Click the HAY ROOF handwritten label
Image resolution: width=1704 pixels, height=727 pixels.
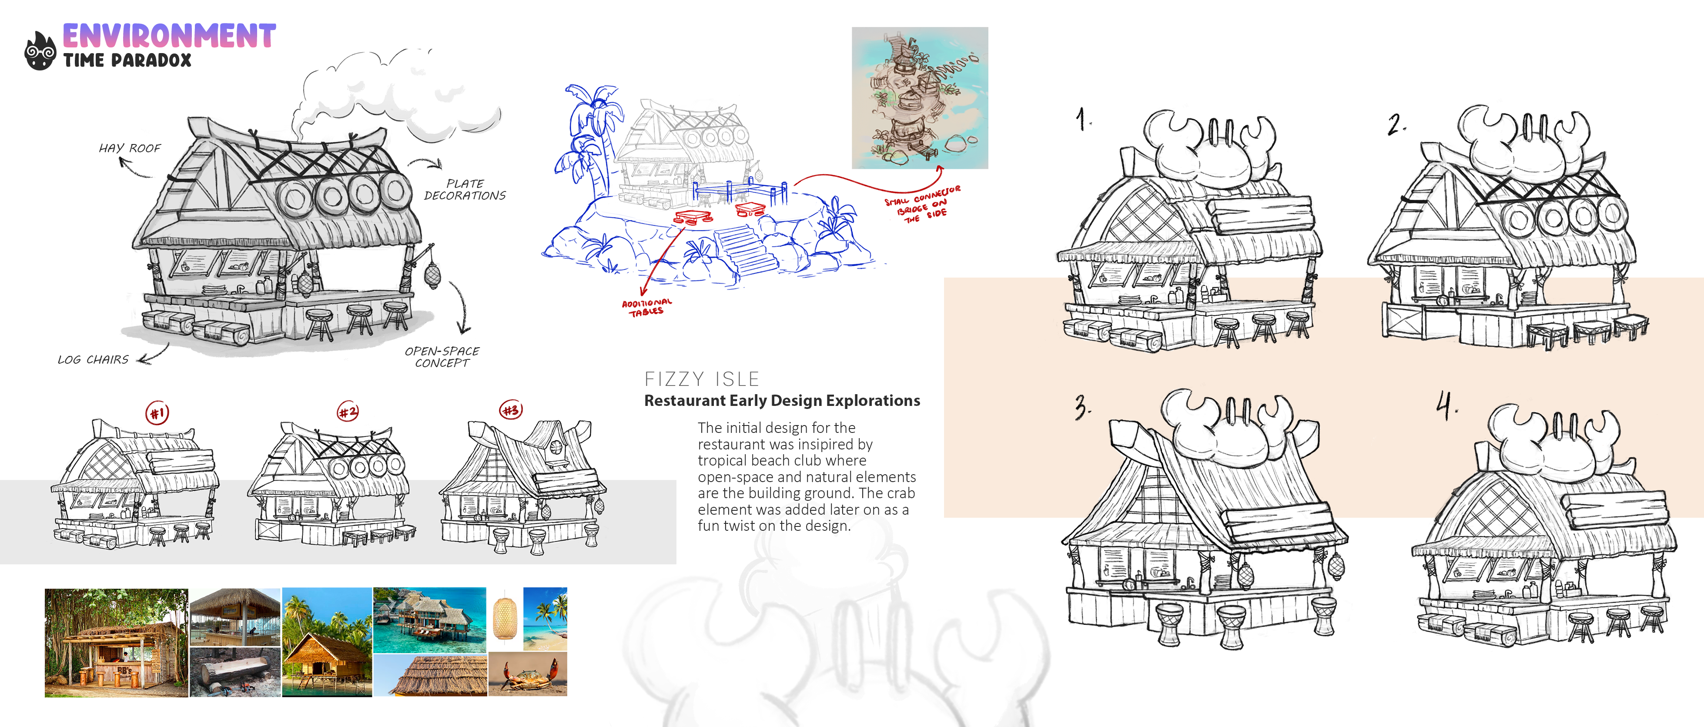coord(130,148)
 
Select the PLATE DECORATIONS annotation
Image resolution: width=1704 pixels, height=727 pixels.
coord(465,189)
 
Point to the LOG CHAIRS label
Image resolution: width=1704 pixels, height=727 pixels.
coord(93,360)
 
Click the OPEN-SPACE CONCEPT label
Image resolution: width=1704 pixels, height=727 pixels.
coord(442,357)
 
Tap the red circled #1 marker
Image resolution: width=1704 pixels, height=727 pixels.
coord(157,413)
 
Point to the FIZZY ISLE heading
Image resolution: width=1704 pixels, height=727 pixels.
coord(702,379)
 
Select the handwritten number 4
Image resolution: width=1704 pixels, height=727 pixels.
coord(1446,405)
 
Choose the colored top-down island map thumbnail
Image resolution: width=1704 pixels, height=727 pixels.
coord(920,98)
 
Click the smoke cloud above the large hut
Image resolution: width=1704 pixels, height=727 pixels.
coord(397,96)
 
